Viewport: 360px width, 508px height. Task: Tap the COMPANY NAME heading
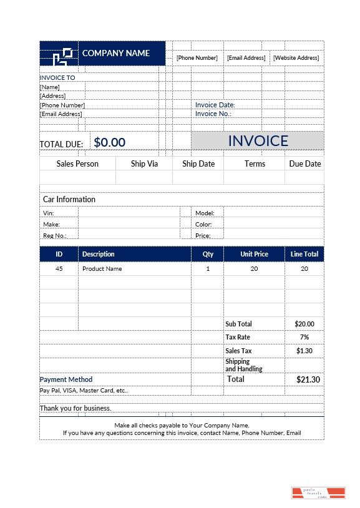coord(116,53)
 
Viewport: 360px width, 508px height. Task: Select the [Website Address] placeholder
coord(296,58)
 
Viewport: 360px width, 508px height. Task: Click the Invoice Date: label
coord(215,105)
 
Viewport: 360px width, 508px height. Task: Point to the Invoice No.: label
coord(213,114)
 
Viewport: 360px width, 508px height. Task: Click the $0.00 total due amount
coord(110,142)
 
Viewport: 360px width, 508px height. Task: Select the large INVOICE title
coord(258,140)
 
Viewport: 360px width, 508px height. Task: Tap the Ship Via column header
coord(144,164)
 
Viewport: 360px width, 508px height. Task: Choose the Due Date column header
coord(304,164)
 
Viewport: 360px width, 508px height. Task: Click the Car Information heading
coord(69,199)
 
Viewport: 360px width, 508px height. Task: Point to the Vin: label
coord(49,213)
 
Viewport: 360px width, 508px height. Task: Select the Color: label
coord(203,225)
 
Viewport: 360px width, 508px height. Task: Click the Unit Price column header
coord(254,254)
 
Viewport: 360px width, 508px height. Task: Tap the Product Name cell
coord(102,269)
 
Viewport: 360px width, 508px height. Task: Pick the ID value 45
coord(59,269)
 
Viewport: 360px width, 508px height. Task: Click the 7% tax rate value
coord(304,337)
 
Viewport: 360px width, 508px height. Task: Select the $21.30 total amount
coord(308,379)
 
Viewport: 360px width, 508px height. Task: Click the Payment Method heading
coord(66,379)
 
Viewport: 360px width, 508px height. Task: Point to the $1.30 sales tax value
coord(304,351)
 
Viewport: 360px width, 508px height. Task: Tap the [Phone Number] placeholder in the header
coord(197,58)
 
